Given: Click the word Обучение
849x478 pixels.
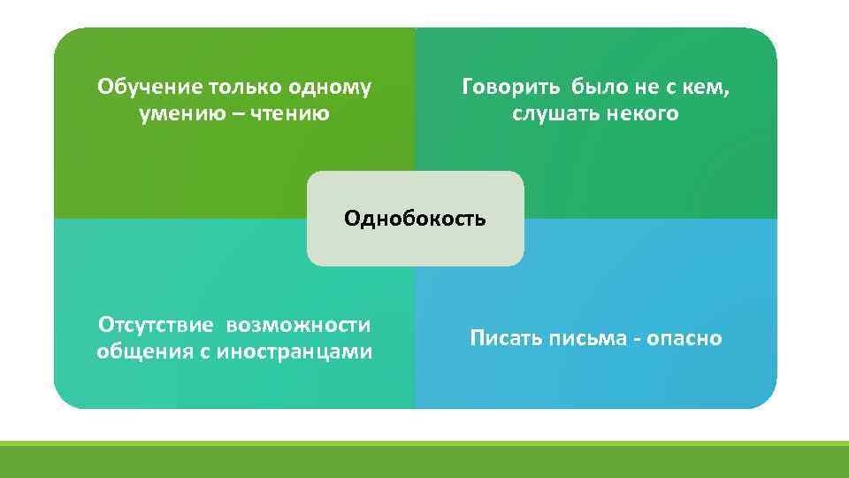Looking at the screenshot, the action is click(x=150, y=88).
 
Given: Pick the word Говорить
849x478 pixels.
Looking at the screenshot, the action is click(x=511, y=88).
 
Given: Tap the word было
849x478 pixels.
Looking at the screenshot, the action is click(x=600, y=88).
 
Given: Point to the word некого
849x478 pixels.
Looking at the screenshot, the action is click(x=643, y=114).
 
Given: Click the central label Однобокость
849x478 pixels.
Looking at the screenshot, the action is click(x=415, y=219).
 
